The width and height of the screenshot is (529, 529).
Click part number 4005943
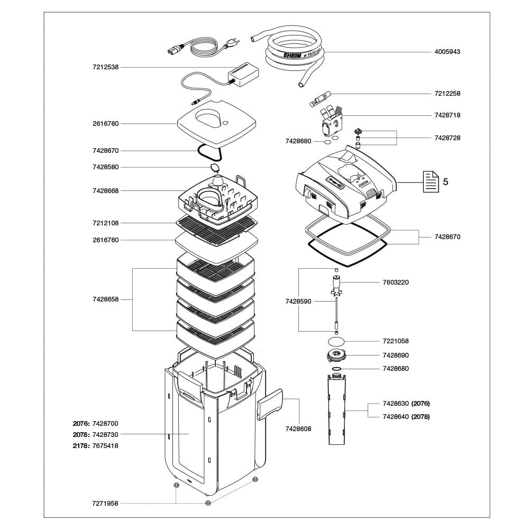(447, 52)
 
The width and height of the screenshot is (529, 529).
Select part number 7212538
(105, 67)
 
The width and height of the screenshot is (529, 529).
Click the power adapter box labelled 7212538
(243, 74)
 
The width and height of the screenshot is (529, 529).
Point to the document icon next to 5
(430, 181)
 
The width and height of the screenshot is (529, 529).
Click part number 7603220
(395, 282)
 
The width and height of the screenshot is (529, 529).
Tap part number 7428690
(395, 355)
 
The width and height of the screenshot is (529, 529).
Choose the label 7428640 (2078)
(406, 416)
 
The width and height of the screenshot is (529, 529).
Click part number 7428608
(298, 428)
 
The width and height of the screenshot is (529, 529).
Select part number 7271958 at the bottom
(105, 503)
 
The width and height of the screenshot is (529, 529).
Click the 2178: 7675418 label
(96, 445)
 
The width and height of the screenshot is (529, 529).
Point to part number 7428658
(105, 299)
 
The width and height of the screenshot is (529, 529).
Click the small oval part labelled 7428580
(214, 168)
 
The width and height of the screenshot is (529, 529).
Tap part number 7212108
(105, 223)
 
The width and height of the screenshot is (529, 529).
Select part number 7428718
(447, 115)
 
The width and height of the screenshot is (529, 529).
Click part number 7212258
(447, 93)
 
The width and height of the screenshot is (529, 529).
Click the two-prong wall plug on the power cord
(231, 46)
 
